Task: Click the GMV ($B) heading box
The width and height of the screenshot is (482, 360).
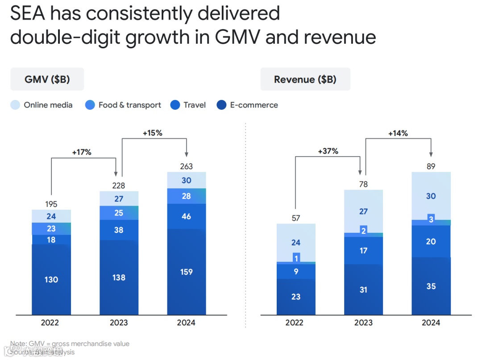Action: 47,79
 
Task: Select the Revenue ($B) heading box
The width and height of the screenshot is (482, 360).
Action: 305,79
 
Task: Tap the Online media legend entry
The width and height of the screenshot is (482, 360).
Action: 42,105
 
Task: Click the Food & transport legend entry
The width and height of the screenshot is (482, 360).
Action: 123,105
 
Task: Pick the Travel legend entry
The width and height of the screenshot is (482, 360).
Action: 188,105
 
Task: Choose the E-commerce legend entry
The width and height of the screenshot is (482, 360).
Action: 247,105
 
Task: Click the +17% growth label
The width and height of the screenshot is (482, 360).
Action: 82,152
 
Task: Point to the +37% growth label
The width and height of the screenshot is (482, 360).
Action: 328,151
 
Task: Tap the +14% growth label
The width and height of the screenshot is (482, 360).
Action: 398,133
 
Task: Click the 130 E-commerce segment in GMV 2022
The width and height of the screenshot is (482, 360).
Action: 51,280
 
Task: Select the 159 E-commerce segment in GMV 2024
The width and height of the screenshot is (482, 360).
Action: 186,272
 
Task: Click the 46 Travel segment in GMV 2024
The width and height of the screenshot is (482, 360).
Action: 186,216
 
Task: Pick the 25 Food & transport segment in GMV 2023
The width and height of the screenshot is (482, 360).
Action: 119,213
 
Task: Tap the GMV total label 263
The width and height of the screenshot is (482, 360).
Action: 186,166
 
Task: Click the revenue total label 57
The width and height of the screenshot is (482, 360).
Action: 296,218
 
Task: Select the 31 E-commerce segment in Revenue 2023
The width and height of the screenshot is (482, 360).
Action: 363,290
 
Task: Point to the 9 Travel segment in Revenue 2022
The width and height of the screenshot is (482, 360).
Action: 296,271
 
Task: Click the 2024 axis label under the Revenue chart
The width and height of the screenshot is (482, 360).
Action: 431,323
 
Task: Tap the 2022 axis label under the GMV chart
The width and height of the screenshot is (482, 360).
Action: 51,323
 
